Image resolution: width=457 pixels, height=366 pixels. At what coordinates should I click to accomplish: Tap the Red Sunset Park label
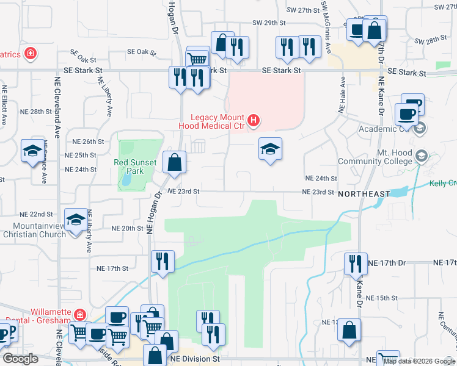[136, 167]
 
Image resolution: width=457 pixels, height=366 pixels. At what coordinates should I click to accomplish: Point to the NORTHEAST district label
[364, 193]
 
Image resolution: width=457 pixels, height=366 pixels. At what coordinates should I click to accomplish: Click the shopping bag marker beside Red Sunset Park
[175, 162]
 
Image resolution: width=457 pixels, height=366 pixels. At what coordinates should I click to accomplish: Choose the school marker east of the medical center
[270, 149]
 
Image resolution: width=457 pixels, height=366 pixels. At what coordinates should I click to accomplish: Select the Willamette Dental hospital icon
[79, 315]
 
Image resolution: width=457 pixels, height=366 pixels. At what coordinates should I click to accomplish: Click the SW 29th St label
[269, 23]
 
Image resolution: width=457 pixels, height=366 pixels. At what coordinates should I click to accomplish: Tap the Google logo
[20, 359]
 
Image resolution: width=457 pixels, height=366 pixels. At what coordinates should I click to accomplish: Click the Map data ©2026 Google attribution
[419, 361]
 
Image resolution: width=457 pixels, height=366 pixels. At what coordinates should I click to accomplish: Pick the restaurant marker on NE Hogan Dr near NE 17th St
[163, 262]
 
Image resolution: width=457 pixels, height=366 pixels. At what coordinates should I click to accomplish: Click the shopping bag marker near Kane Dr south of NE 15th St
[349, 330]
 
